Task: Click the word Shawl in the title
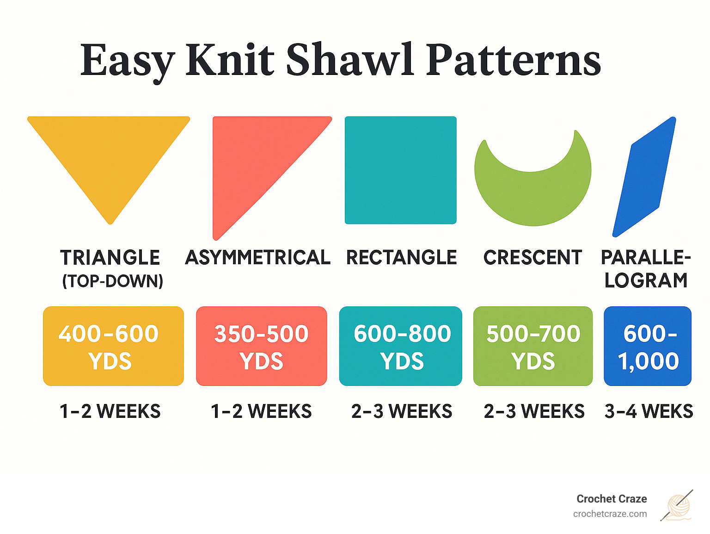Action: (x=349, y=60)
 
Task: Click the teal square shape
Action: (x=401, y=170)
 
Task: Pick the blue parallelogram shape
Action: (x=644, y=177)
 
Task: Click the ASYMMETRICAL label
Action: (x=257, y=258)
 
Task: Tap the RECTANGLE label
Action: (x=401, y=258)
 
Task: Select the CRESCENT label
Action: (x=532, y=258)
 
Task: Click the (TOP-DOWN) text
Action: (x=113, y=281)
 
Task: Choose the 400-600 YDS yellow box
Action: (x=113, y=346)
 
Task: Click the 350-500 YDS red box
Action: (x=262, y=346)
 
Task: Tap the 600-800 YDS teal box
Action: (x=401, y=346)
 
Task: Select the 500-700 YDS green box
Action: (x=533, y=346)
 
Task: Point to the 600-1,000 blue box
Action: (x=648, y=346)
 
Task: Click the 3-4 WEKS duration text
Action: (x=649, y=411)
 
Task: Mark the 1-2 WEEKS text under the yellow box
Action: (x=110, y=411)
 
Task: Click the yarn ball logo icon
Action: (x=678, y=506)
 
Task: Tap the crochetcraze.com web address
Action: (x=610, y=514)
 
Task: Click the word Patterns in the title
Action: (x=513, y=60)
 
